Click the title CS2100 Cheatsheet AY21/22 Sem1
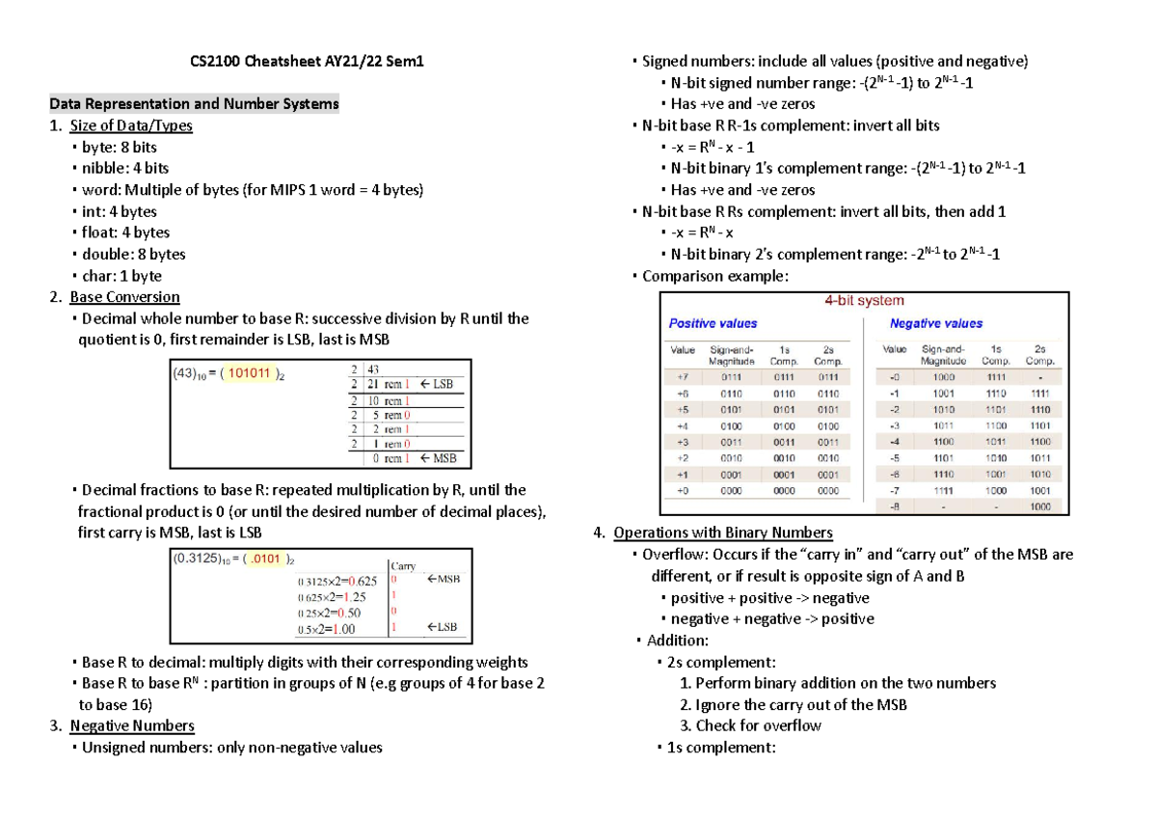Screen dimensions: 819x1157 click(x=305, y=62)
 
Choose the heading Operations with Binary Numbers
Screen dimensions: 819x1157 click(x=723, y=532)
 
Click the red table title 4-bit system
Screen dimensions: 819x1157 click(x=863, y=301)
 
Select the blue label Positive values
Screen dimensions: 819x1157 click(x=713, y=324)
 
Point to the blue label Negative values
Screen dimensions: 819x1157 click(x=935, y=324)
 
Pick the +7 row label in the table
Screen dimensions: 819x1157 click(x=683, y=376)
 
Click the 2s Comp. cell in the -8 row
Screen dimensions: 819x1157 click(x=1039, y=506)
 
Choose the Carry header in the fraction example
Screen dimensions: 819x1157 click(x=402, y=566)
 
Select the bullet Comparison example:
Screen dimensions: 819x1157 click(x=714, y=276)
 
